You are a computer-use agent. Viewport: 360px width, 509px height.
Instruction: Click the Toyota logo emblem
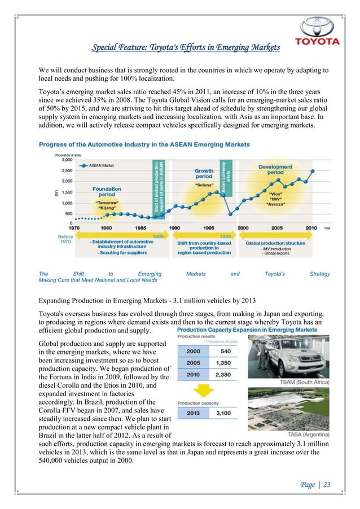pyautogui.click(x=319, y=27)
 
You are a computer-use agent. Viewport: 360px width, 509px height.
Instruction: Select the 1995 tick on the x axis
pyautogui.click(x=208, y=227)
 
